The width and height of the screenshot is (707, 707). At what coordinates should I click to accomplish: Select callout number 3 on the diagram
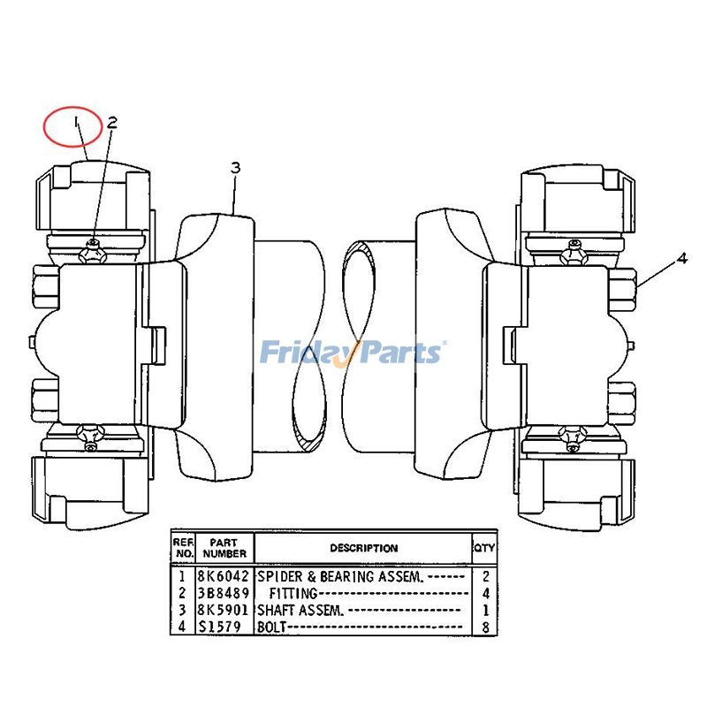[x=235, y=167]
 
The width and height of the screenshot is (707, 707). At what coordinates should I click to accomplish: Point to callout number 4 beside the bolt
[x=681, y=259]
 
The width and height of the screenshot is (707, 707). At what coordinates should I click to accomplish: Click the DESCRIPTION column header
[x=363, y=548]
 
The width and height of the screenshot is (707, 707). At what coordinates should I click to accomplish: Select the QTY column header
[x=484, y=548]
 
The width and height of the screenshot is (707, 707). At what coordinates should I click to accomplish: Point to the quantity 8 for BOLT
[x=484, y=627]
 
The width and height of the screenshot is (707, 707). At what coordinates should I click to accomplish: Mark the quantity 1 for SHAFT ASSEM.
[x=484, y=610]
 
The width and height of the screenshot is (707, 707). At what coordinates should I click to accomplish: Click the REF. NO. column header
[x=183, y=548]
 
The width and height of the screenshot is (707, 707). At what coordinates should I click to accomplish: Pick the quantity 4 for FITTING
[x=484, y=593]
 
